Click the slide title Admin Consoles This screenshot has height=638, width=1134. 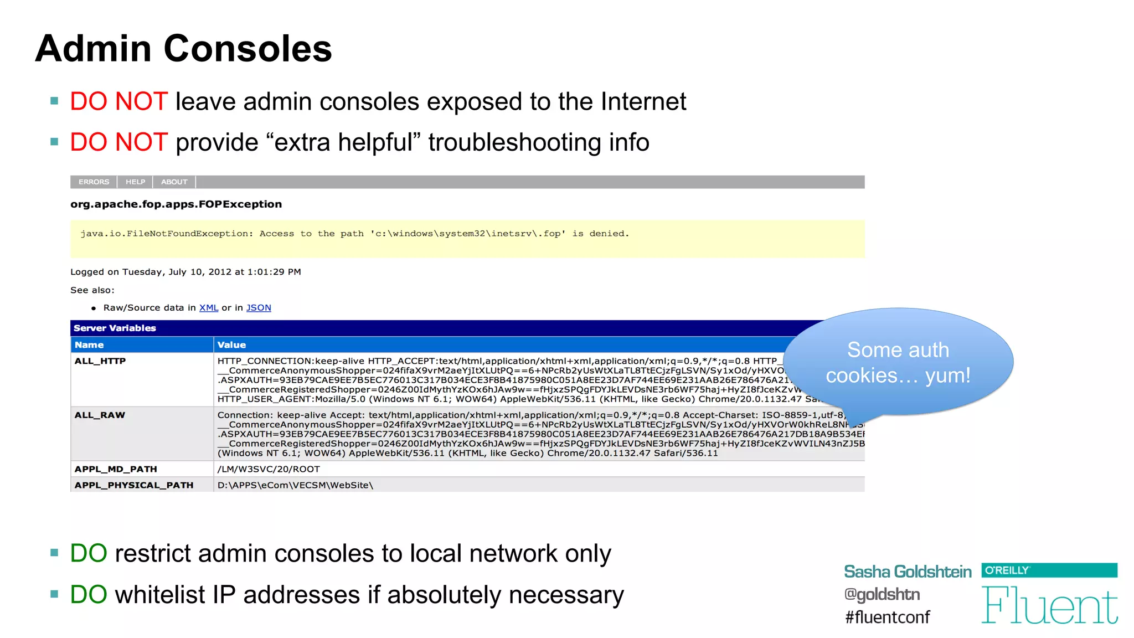pyautogui.click(x=183, y=49)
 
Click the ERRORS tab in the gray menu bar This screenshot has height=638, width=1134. pyautogui.click(x=94, y=182)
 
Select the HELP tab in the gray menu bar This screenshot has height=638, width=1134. pyautogui.click(x=135, y=182)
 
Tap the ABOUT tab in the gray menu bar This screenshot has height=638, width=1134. pyautogui.click(x=174, y=182)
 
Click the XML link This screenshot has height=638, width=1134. pyautogui.click(x=209, y=308)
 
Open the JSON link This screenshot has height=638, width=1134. pyautogui.click(x=259, y=308)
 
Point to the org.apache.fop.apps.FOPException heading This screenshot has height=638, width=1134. pyautogui.click(x=176, y=204)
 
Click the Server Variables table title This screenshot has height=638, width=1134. pyautogui.click(x=115, y=328)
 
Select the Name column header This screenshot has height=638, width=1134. pyautogui.click(x=89, y=344)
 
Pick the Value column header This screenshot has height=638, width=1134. pyautogui.click(x=231, y=344)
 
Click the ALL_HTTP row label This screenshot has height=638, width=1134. pyautogui.click(x=100, y=361)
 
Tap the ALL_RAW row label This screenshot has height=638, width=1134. pyautogui.click(x=100, y=415)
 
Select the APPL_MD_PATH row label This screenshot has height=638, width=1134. pyautogui.click(x=116, y=469)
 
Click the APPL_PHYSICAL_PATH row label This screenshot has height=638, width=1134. pyautogui.click(x=134, y=485)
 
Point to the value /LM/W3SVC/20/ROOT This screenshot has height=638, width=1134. pyautogui.click(x=269, y=469)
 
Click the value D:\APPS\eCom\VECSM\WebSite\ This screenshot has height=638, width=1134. pyautogui.click(x=295, y=485)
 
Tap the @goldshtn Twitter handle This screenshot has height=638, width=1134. pyautogui.click(x=882, y=594)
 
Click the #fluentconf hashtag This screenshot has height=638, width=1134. pyautogui.click(x=887, y=617)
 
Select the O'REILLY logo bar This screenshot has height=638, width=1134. pyautogui.click(x=1049, y=570)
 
